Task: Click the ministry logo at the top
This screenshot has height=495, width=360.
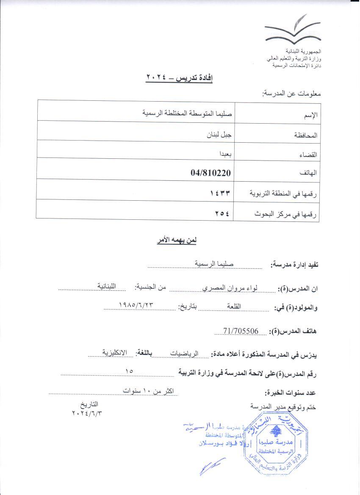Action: (292, 29)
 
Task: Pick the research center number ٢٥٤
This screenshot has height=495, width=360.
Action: (222, 213)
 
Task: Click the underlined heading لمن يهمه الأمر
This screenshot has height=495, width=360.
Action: (176, 240)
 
